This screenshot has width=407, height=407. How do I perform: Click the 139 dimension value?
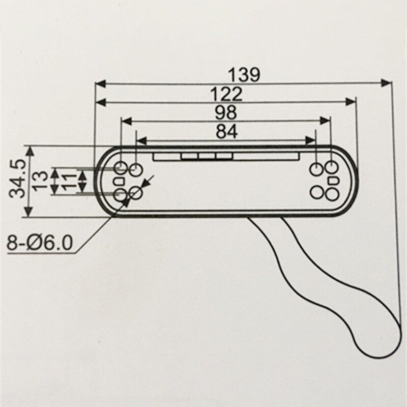[244, 75]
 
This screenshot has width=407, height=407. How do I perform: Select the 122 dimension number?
[226, 94]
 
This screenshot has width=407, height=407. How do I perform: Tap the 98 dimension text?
[226, 112]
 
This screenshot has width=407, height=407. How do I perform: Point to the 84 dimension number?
[226, 132]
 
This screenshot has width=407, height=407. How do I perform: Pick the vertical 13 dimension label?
[41, 181]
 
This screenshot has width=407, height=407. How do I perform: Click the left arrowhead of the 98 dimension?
[127, 121]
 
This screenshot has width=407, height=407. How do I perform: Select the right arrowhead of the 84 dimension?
[310, 140]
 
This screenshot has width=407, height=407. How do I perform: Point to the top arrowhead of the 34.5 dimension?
[30, 151]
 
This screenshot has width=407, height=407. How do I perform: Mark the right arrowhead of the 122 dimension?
[351, 102]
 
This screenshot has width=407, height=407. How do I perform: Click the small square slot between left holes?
[120, 181]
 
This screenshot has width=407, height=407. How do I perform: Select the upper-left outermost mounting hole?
[121, 167]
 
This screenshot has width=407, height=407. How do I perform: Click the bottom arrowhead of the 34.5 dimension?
[30, 212]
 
